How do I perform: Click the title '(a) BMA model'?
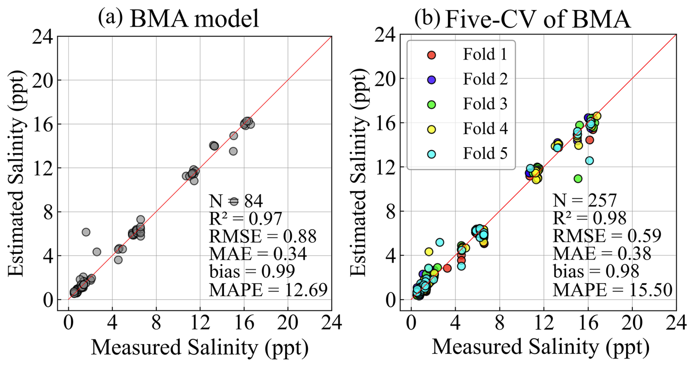[178, 18]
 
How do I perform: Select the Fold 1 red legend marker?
[432, 55]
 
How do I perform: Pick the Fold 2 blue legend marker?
[432, 80]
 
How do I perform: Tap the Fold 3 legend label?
[485, 104]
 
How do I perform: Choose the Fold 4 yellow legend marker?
[432, 129]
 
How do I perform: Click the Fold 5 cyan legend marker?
[432, 154]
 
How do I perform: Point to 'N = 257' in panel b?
[585, 201]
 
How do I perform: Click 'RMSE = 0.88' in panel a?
[263, 236]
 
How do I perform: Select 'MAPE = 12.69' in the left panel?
[268, 290]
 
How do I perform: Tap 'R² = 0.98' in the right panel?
[589, 218]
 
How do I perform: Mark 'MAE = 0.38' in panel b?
[602, 254]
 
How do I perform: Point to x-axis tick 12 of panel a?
[200, 323]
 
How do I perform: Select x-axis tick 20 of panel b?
[632, 323]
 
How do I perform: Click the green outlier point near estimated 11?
[578, 179]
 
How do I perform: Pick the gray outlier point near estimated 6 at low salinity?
[86, 232]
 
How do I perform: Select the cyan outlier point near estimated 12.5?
[589, 160]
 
